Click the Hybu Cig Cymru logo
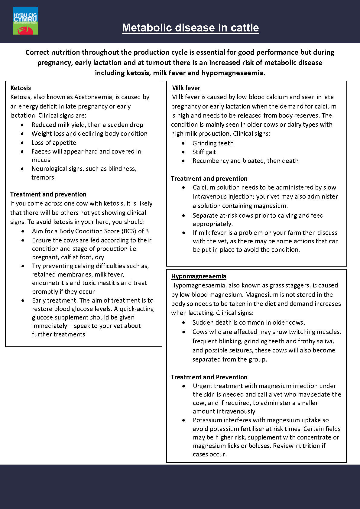[25, 21]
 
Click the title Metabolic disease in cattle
[190, 28]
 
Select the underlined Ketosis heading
[21, 88]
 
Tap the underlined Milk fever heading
[186, 88]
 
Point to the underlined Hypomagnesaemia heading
[199, 276]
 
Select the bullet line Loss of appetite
[54, 143]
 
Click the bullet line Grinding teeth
[213, 143]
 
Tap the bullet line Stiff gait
[204, 152]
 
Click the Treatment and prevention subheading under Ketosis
[48, 194]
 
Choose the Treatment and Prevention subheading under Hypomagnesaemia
[209, 377]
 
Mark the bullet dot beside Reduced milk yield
[22, 125]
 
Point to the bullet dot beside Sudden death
[183, 323]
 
